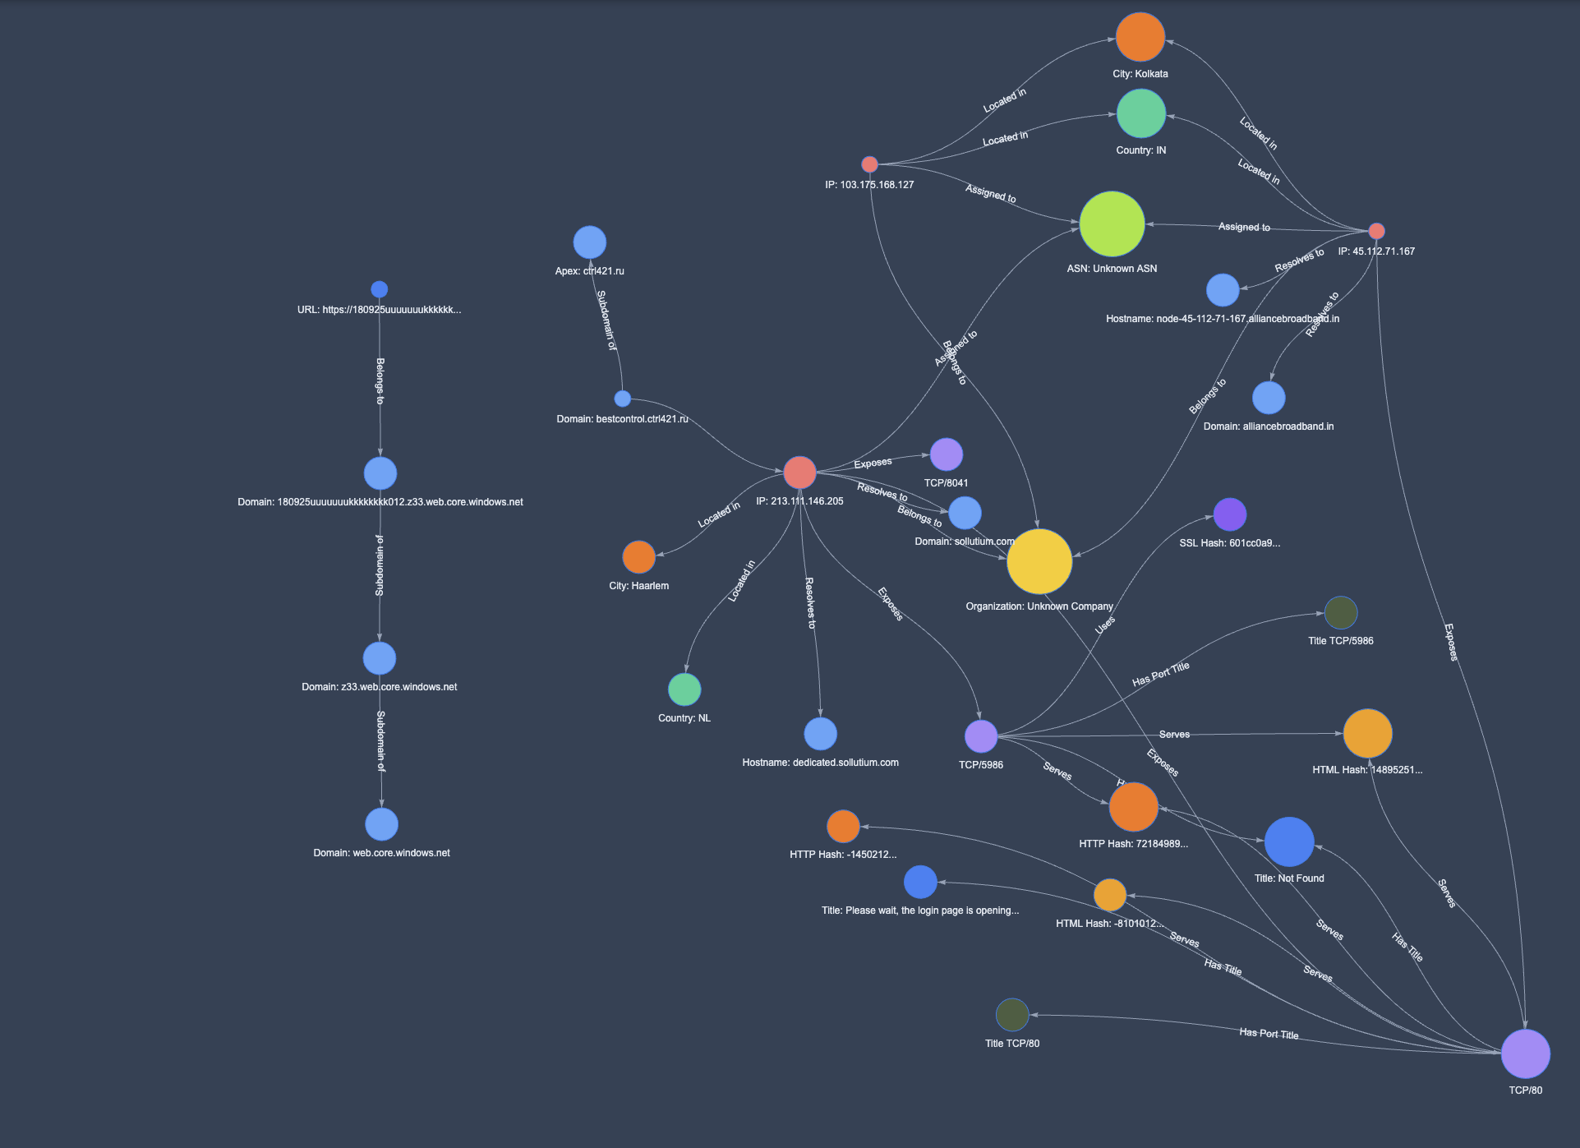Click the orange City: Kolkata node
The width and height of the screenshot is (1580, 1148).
coord(1140,37)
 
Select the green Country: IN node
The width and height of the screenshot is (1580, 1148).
coord(1140,113)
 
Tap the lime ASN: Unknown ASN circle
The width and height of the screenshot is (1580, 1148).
coord(1112,224)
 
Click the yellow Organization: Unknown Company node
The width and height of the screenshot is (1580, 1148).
coord(1039,561)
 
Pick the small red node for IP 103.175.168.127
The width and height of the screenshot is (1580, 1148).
coord(869,164)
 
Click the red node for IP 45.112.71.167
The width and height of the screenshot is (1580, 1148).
coord(1376,231)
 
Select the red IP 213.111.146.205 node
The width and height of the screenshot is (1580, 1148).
coord(799,473)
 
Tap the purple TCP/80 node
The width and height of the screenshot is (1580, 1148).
coord(1525,1053)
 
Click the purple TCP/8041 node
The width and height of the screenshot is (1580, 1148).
coord(946,454)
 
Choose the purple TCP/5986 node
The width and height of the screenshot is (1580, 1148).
coord(980,736)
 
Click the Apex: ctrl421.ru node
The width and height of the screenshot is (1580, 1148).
coord(589,242)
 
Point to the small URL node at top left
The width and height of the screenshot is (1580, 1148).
coord(379,289)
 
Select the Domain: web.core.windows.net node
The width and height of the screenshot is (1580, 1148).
coord(381,824)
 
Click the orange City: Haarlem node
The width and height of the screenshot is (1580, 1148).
coord(638,557)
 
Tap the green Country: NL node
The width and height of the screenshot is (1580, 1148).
coord(684,689)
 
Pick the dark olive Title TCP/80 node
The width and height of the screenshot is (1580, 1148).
coord(1011,1015)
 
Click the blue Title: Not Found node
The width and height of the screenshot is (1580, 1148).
coord(1288,841)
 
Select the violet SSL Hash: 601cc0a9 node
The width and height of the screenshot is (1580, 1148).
coord(1229,514)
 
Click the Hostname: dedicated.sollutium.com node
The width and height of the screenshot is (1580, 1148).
coord(820,734)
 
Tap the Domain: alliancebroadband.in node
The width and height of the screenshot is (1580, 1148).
coord(1268,398)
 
